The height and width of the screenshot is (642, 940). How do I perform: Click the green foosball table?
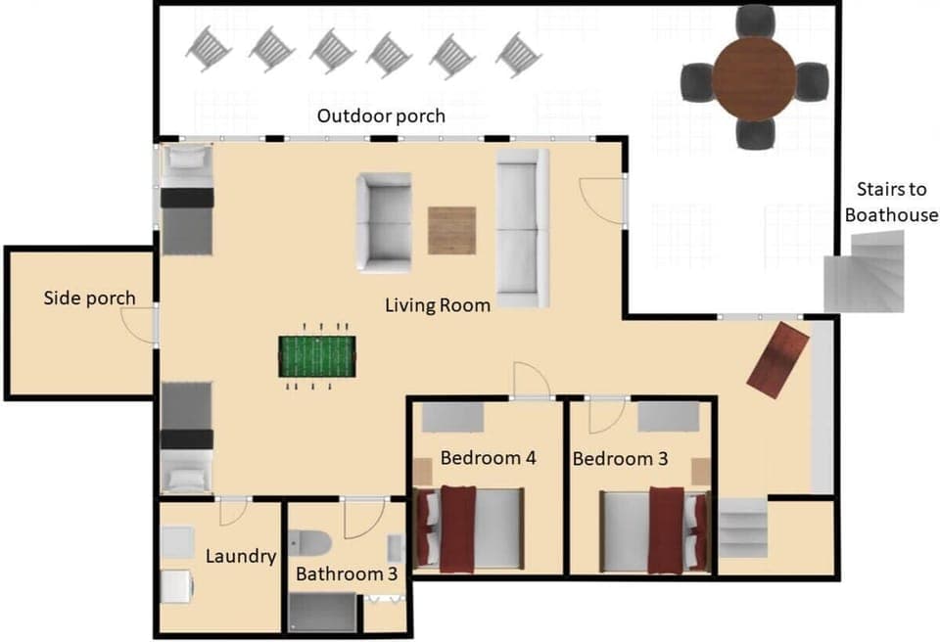316,356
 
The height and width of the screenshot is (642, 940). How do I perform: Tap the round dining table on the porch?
754,77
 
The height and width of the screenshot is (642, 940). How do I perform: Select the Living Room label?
437,305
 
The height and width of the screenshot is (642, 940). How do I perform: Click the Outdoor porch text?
381,116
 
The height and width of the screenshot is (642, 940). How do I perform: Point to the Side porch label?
89,298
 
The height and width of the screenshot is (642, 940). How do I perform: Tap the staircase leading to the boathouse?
864,278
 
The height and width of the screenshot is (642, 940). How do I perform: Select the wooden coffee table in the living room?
451,230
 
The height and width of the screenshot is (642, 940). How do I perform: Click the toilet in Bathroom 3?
311,542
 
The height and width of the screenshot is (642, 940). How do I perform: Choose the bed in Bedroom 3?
654,529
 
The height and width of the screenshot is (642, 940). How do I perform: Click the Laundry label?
241,557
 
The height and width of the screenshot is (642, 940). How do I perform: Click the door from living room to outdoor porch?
599,202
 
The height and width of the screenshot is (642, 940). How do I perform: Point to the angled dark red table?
777,360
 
